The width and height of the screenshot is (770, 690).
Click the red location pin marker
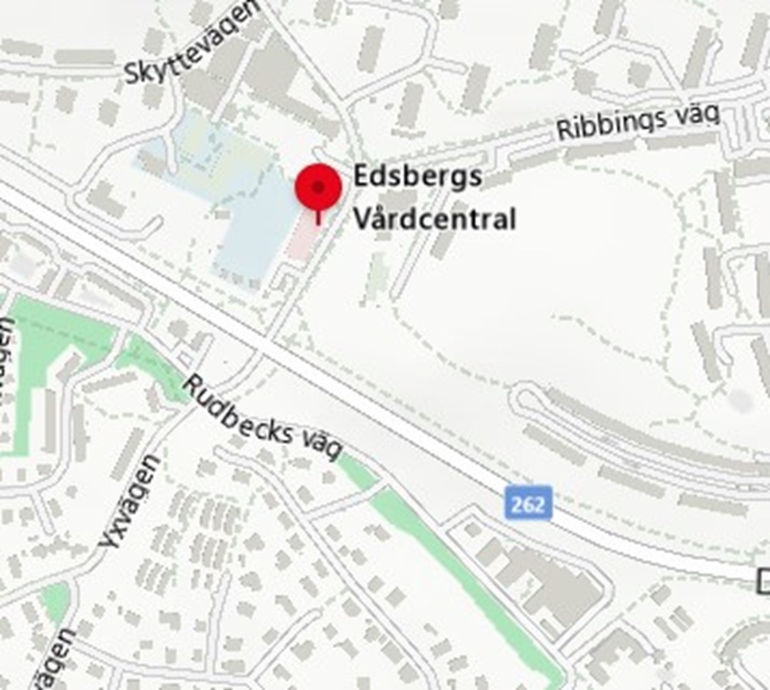tap(318, 187)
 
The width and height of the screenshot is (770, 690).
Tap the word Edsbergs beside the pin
tap(417, 176)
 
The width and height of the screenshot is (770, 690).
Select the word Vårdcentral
tap(435, 219)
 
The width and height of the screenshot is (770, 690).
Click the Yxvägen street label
tap(130, 501)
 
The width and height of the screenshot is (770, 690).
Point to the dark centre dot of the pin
tap(318, 187)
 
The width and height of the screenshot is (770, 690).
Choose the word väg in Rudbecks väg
tap(323, 447)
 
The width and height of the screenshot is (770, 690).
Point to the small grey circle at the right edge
tap(740, 401)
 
